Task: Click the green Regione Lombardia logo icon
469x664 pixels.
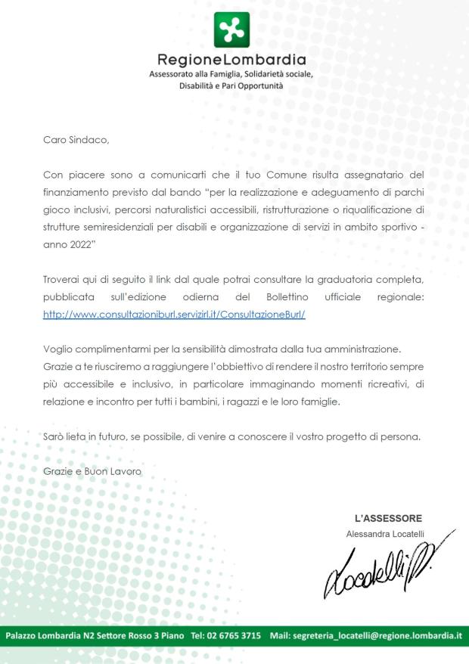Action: tap(231, 29)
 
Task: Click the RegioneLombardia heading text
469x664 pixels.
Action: tap(231, 60)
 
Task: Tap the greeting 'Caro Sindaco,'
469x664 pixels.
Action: tap(76, 140)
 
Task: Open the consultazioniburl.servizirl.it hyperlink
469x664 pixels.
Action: tap(174, 315)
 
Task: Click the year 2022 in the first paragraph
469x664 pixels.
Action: tap(76, 245)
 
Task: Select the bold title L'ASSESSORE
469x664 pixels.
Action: tap(388, 518)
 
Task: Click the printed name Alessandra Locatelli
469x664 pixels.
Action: tap(385, 534)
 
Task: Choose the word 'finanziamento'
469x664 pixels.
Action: tap(81, 192)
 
